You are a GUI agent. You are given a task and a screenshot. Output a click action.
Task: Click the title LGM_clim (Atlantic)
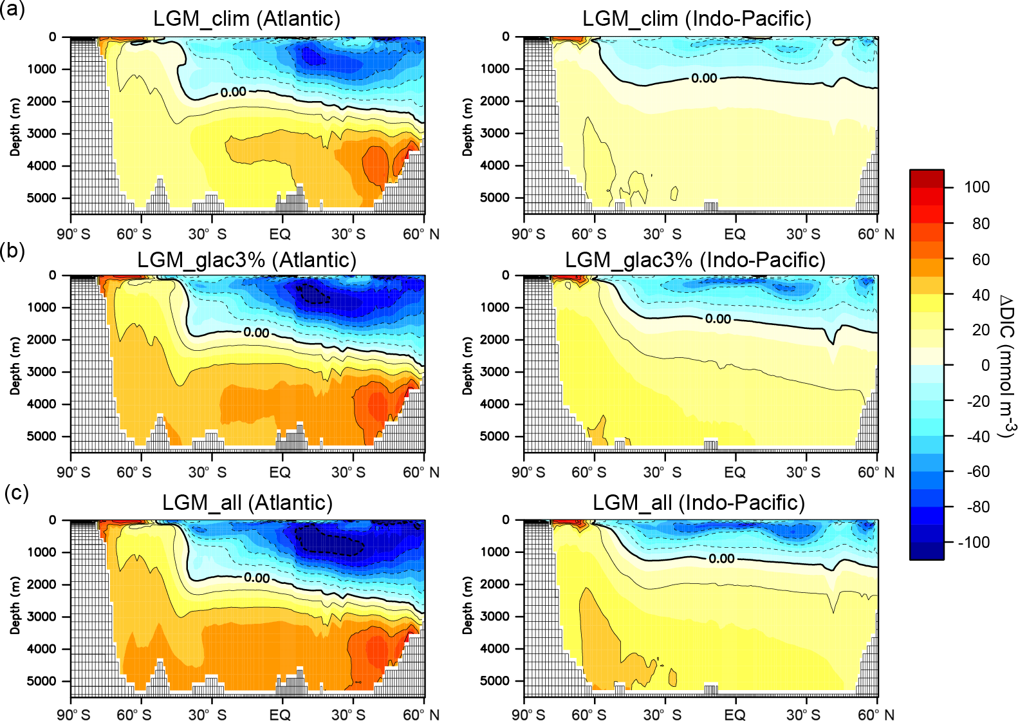246,19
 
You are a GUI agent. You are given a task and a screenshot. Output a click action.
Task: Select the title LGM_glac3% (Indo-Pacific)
695,260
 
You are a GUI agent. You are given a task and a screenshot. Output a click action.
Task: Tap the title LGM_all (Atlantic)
247,503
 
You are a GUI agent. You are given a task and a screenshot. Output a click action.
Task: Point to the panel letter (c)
16,493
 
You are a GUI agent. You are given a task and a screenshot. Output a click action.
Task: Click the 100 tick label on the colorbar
976,187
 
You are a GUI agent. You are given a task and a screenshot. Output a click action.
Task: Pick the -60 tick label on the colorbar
977,472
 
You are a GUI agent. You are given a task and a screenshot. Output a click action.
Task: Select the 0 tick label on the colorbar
985,365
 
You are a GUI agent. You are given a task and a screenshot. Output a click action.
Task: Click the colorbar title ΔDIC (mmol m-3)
1006,365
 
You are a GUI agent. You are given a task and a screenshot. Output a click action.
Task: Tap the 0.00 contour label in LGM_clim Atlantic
233,93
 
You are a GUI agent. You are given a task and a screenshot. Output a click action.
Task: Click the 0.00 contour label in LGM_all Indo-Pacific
721,559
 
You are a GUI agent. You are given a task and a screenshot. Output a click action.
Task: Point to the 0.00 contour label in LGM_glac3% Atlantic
256,333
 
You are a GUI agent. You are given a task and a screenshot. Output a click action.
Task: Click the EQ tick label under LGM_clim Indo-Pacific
734,234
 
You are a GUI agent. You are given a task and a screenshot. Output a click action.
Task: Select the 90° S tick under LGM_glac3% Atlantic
73,473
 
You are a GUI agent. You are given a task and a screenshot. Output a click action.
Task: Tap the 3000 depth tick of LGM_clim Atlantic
42,133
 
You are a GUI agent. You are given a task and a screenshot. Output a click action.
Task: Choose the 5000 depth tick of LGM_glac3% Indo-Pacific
494,436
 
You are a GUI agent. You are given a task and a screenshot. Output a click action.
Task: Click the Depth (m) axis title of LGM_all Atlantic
15,605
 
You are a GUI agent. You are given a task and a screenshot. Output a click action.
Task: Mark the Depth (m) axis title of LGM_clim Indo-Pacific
468,127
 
